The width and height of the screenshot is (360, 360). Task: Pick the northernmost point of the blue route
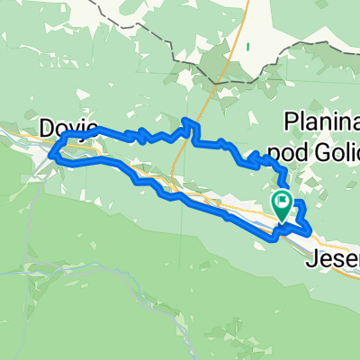(x=188, y=120)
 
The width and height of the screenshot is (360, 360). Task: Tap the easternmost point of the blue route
(x=311, y=232)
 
